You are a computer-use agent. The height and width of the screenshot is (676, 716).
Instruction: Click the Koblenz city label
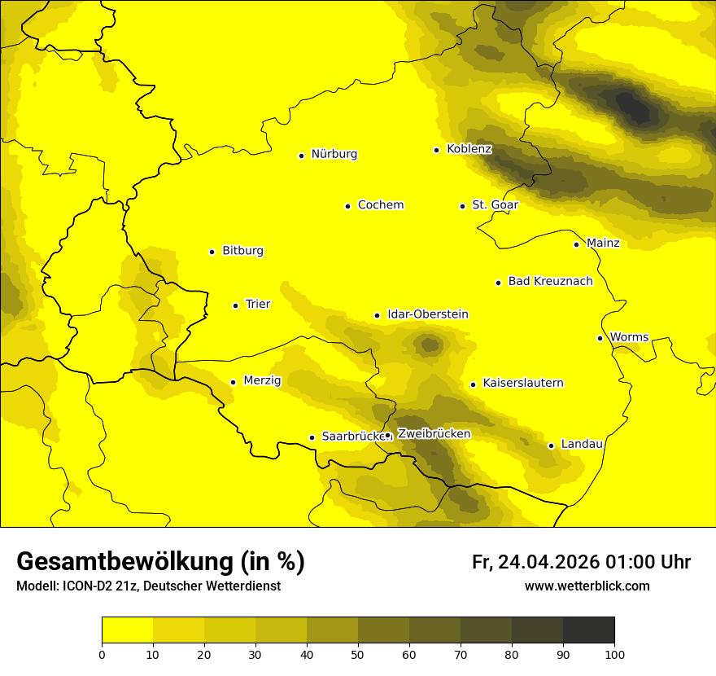tap(469, 149)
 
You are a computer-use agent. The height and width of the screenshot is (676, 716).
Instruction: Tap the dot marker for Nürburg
tap(301, 155)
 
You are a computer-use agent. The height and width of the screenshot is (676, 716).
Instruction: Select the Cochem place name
tap(381, 205)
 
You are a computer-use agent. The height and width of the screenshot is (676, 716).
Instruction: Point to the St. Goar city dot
tap(462, 206)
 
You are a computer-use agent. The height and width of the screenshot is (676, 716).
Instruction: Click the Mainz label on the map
tap(603, 244)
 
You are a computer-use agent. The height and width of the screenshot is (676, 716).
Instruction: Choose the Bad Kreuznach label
tap(550, 282)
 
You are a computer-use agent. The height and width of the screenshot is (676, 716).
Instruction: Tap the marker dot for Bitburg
tap(212, 252)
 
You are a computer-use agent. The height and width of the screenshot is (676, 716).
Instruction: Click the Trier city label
tap(258, 305)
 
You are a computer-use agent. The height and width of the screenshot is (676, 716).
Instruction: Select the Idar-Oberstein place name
tap(428, 314)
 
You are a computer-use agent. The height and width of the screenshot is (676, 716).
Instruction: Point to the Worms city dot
tap(600, 338)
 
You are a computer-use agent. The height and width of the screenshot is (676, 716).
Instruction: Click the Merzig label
tap(262, 380)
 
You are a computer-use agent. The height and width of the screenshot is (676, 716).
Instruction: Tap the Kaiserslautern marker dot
tap(473, 384)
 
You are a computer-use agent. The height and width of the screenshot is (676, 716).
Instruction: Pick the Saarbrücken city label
tap(353, 437)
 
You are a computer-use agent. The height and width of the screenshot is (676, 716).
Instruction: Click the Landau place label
tap(582, 445)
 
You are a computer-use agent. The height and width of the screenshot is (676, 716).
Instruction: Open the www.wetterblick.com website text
tap(587, 586)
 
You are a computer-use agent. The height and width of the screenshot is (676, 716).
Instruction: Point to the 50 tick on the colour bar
tap(358, 653)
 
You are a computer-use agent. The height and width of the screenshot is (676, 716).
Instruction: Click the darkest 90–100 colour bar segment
tap(588, 630)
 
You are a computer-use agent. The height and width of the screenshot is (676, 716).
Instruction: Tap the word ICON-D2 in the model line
tap(85, 586)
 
